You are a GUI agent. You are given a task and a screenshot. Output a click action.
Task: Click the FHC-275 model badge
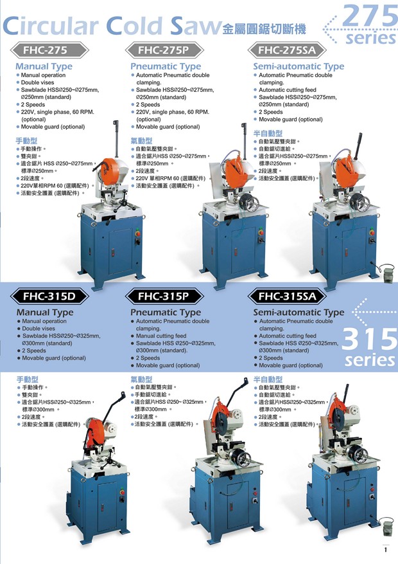click(49, 50)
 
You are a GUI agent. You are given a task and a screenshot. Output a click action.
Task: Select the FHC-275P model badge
click(164, 50)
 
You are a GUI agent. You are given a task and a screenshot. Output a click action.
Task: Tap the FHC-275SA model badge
click(287, 50)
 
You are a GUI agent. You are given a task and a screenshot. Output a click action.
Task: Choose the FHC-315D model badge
click(49, 296)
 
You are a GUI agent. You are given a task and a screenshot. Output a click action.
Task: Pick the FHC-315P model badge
click(164, 296)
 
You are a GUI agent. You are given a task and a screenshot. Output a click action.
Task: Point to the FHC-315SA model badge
click(287, 296)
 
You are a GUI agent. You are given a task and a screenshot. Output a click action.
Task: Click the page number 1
click(386, 550)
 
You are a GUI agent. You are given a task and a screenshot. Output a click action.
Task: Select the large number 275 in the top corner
click(370, 16)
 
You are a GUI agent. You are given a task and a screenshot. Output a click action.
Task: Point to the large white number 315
click(370, 339)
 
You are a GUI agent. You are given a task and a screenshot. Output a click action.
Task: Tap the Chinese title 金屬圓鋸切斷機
click(264, 29)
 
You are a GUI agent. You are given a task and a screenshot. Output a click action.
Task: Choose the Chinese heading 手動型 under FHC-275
click(26, 141)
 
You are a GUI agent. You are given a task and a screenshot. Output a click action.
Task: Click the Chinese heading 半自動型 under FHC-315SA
click(268, 379)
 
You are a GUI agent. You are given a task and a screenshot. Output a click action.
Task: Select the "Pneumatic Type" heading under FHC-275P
click(166, 66)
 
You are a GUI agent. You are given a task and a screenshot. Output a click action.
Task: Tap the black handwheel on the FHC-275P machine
click(250, 203)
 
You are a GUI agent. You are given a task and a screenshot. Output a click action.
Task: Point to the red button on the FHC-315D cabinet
click(122, 492)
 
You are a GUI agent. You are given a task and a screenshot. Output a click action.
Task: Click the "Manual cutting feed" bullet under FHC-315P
click(161, 336)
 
